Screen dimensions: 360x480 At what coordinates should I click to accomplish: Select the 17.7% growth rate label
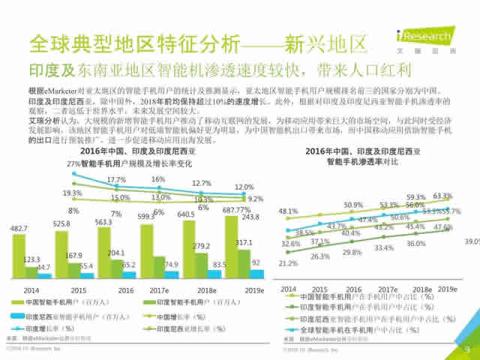[116, 180]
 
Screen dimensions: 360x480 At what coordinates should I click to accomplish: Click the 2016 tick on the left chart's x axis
[127, 289]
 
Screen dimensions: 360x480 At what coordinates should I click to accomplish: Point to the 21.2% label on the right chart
[288, 263]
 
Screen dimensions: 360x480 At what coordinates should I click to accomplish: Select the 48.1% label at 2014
[288, 211]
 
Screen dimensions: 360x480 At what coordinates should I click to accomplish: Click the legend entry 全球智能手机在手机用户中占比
[360, 330]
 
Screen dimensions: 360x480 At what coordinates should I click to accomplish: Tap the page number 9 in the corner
[466, 348]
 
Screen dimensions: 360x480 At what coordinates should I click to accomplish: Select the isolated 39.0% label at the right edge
[472, 241]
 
